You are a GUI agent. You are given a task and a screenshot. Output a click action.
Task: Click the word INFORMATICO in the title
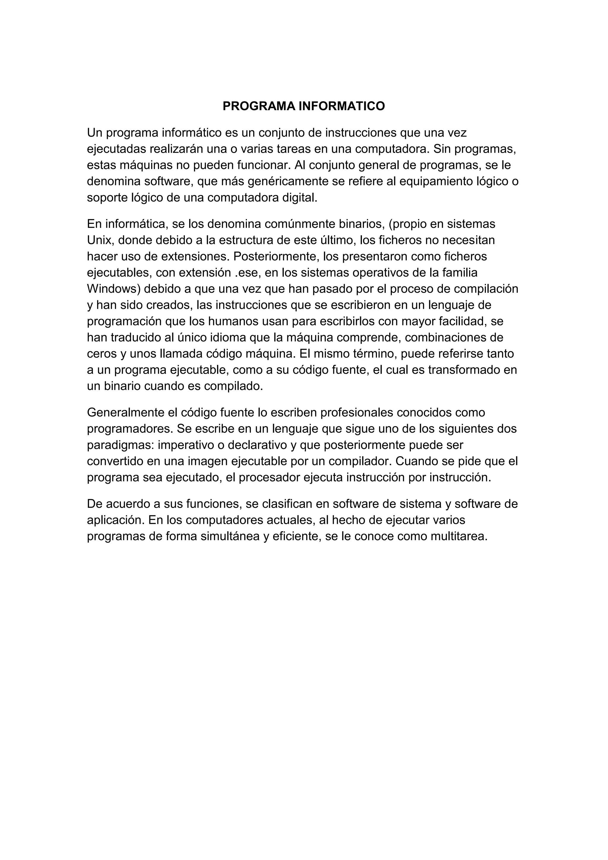coord(341,106)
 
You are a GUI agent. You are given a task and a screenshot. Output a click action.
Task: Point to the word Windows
coord(113,289)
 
